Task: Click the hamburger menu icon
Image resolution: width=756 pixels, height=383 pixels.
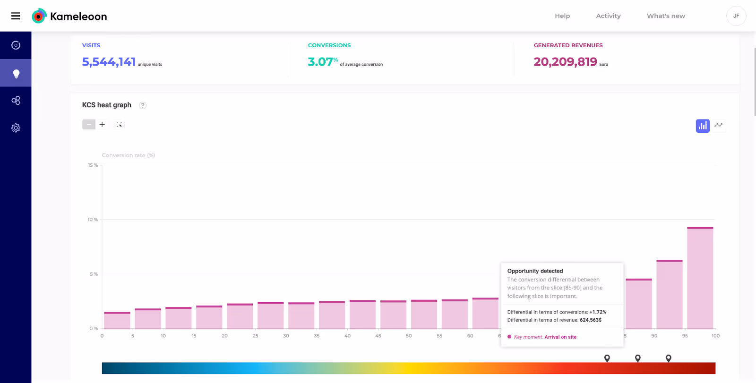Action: pyautogui.click(x=16, y=16)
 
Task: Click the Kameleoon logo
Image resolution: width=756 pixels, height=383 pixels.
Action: pyautogui.click(x=69, y=17)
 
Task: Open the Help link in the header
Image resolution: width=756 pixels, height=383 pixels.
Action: pyautogui.click(x=562, y=16)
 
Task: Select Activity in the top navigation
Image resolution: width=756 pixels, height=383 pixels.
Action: pyautogui.click(x=608, y=16)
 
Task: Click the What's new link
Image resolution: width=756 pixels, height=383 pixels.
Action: pyautogui.click(x=666, y=16)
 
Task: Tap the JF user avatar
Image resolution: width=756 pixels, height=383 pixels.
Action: pyautogui.click(x=736, y=16)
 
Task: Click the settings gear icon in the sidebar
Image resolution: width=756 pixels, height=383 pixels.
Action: pyautogui.click(x=16, y=128)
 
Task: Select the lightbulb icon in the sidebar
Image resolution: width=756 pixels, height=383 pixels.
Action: pyautogui.click(x=16, y=73)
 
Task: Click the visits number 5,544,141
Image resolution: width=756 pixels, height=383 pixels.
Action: pyautogui.click(x=109, y=62)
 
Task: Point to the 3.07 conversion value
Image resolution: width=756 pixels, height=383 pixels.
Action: pyautogui.click(x=320, y=62)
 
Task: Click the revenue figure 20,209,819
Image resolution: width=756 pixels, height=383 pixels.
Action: pyautogui.click(x=565, y=62)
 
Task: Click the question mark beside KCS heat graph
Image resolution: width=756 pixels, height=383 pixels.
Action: pyautogui.click(x=143, y=105)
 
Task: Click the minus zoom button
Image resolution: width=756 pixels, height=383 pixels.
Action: pyautogui.click(x=89, y=125)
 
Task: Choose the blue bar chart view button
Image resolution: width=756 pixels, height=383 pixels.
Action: pyautogui.click(x=702, y=126)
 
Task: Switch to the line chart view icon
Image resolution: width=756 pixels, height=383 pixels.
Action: pyautogui.click(x=719, y=126)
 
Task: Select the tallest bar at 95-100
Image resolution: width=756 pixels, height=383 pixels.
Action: pyautogui.click(x=700, y=279)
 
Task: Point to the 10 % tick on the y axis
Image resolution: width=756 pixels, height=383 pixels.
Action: pyautogui.click(x=93, y=220)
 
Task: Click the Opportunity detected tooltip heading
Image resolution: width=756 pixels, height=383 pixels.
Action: pyautogui.click(x=535, y=271)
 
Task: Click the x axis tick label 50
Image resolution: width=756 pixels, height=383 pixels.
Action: pyautogui.click(x=409, y=336)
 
